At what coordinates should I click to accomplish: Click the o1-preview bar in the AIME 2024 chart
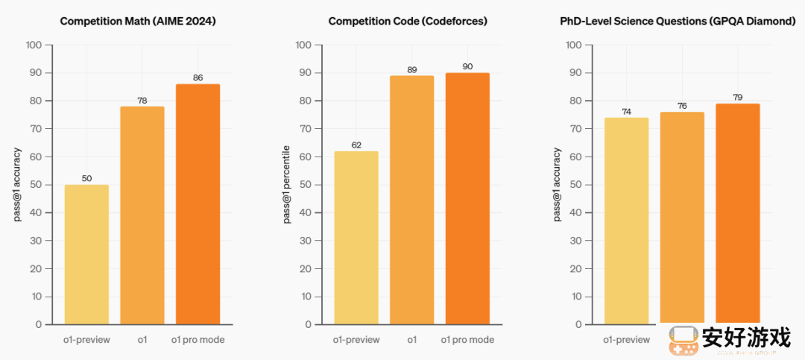(86, 254)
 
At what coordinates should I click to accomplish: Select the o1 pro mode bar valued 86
(198, 204)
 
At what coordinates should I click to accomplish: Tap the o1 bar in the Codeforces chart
(411, 200)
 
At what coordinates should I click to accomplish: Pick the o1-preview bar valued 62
(356, 238)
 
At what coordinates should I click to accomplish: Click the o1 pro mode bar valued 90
(467, 198)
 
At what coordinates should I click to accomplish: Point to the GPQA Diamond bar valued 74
(626, 221)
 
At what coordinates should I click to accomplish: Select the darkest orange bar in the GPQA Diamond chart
(738, 213)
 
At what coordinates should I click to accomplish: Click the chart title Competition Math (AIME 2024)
(138, 21)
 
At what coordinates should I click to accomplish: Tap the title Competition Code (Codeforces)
(408, 21)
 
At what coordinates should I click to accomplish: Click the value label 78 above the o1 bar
(142, 100)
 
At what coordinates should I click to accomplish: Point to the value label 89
(411, 69)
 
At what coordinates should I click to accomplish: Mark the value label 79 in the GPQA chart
(738, 97)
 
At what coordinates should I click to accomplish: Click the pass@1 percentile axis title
(287, 184)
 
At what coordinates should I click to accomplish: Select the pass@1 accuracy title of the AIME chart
(17, 184)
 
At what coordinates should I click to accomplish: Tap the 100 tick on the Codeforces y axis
(303, 45)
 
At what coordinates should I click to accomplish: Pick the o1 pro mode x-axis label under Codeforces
(467, 340)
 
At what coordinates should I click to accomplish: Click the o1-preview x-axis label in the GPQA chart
(626, 340)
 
